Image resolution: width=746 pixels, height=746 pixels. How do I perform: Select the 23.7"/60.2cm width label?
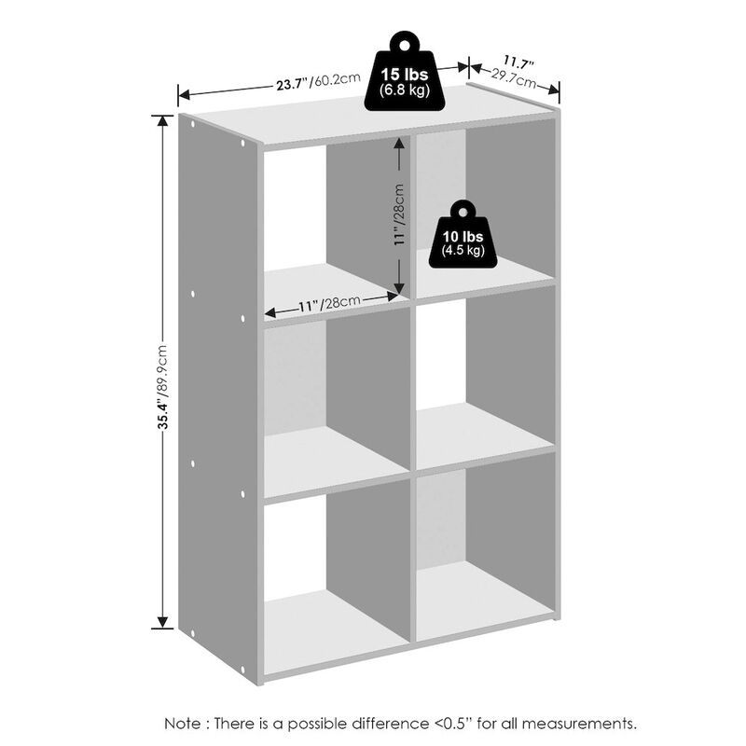point(317,81)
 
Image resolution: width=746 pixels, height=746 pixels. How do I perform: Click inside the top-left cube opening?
point(326,224)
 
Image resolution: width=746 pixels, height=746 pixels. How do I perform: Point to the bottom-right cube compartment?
point(485,550)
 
